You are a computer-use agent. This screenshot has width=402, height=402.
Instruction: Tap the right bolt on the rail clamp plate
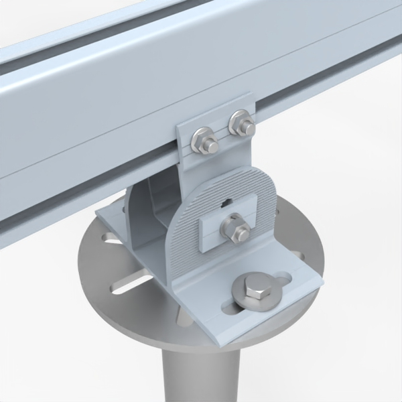pyautogui.click(x=241, y=125)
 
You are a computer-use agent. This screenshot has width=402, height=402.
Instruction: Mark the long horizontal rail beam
pyautogui.click(x=100, y=114)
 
